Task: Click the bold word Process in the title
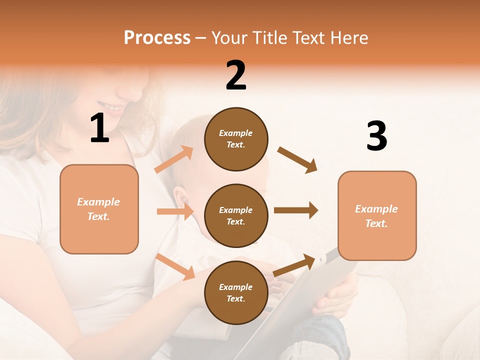(157, 38)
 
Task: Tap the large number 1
(99, 128)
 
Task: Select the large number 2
(236, 75)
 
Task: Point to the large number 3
(376, 136)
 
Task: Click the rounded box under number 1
(99, 209)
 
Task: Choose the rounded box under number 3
(377, 216)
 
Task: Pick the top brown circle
(236, 139)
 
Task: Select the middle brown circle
(236, 216)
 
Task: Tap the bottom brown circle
(236, 293)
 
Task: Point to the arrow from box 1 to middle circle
(175, 211)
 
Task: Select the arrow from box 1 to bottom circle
(175, 266)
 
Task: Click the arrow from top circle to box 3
(297, 160)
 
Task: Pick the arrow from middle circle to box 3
(296, 210)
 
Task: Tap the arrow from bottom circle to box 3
(294, 265)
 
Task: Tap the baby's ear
(181, 196)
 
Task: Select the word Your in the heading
(230, 38)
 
